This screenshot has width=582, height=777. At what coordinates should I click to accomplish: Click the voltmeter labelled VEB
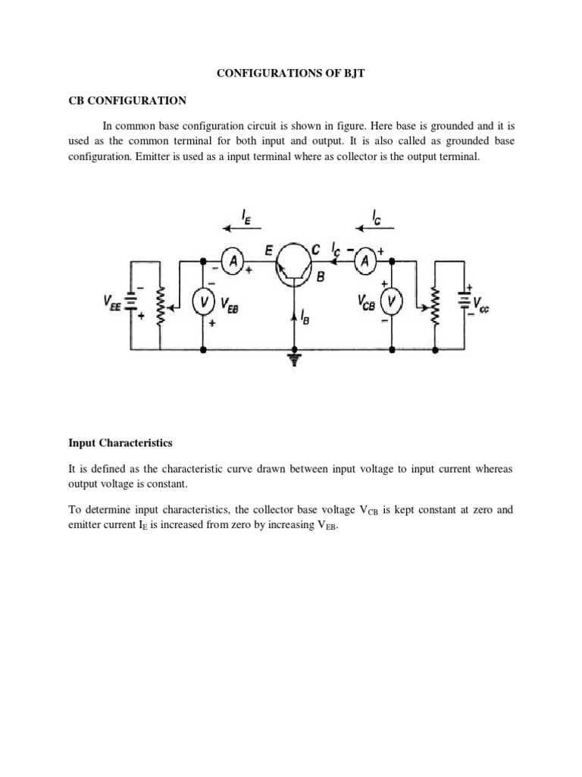pos(203,303)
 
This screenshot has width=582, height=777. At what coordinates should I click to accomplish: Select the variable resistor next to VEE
pos(161,307)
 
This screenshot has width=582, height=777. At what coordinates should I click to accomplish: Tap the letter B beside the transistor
pos(320,278)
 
